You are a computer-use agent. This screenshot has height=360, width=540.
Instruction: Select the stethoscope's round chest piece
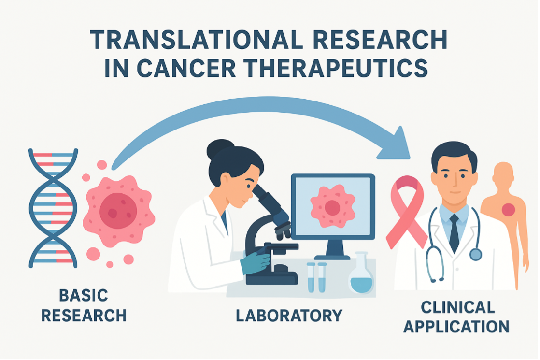(x=475, y=254)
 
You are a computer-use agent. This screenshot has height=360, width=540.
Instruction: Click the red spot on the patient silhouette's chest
(x=508, y=209)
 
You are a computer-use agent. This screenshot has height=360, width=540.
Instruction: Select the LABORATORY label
(x=289, y=315)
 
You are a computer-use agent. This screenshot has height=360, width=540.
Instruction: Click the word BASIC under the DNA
(x=83, y=295)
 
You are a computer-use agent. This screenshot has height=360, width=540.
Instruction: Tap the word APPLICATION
(x=456, y=326)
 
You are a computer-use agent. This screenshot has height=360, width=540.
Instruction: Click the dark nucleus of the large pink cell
(x=114, y=209)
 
